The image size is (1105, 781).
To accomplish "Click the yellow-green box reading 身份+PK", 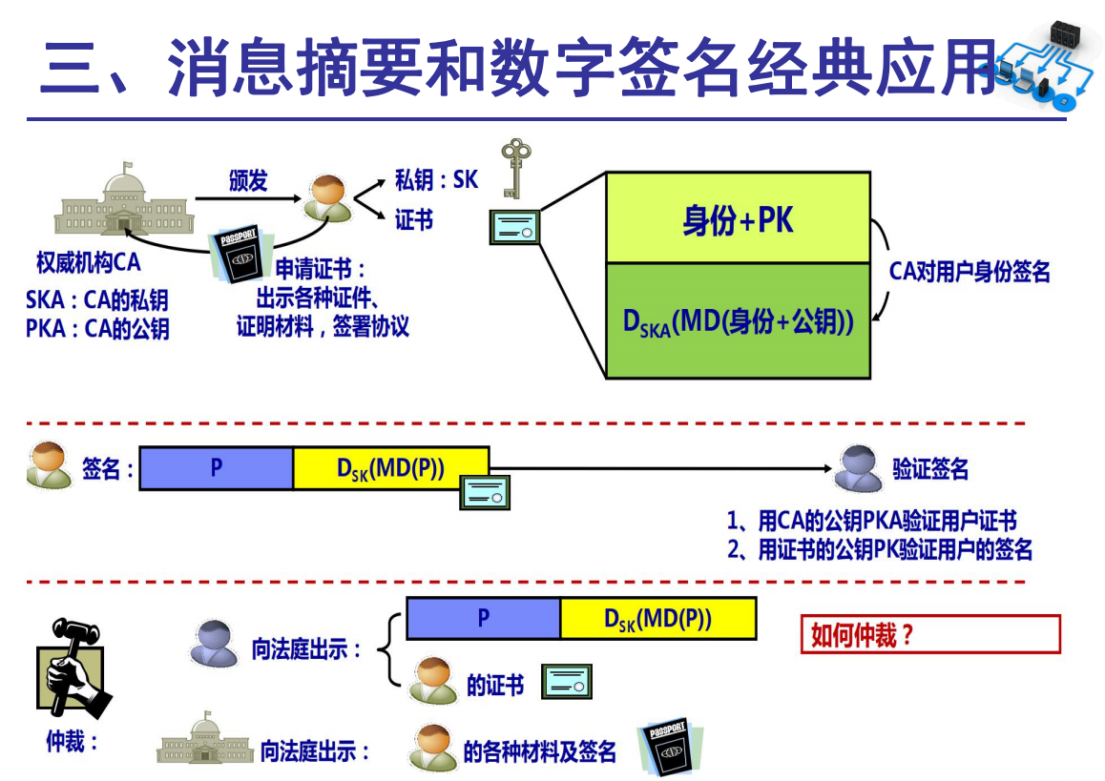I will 739,219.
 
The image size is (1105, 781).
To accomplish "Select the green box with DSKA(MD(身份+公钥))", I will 739,321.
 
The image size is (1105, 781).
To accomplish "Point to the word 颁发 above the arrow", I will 247,180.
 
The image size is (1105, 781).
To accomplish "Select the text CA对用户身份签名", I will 969,272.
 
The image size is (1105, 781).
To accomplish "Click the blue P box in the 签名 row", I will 217,468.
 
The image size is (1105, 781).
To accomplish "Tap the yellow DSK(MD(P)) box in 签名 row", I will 390,468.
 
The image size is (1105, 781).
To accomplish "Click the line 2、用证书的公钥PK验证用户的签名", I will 879,550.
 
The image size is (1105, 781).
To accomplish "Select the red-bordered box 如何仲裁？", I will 930,635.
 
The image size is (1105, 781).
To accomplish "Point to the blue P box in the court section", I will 483,619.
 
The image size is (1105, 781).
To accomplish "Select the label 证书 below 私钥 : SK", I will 414,220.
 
